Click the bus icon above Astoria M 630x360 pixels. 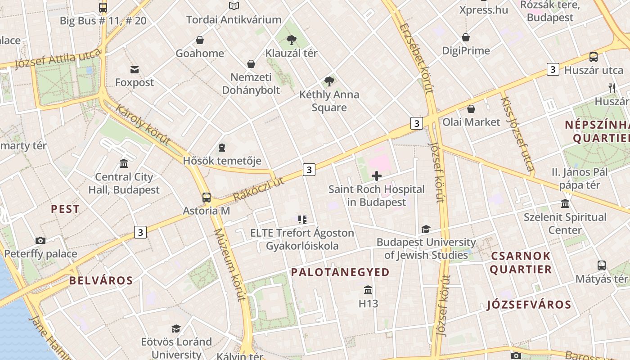207,197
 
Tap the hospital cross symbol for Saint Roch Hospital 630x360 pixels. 377,176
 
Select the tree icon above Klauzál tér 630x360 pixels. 292,40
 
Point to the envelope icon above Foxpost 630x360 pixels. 135,69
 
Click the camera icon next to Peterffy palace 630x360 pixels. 40,240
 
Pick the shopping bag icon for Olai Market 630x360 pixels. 471,109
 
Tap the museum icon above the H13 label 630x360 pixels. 368,290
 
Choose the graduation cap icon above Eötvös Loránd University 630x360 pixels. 176,328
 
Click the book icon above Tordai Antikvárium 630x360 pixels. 234,6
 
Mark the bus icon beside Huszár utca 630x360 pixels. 594,57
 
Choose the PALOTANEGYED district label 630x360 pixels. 340,272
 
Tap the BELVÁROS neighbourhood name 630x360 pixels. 101,281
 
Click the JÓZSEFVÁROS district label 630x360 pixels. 529,305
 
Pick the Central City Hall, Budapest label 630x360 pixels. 124,184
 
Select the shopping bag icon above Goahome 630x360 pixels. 200,40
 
